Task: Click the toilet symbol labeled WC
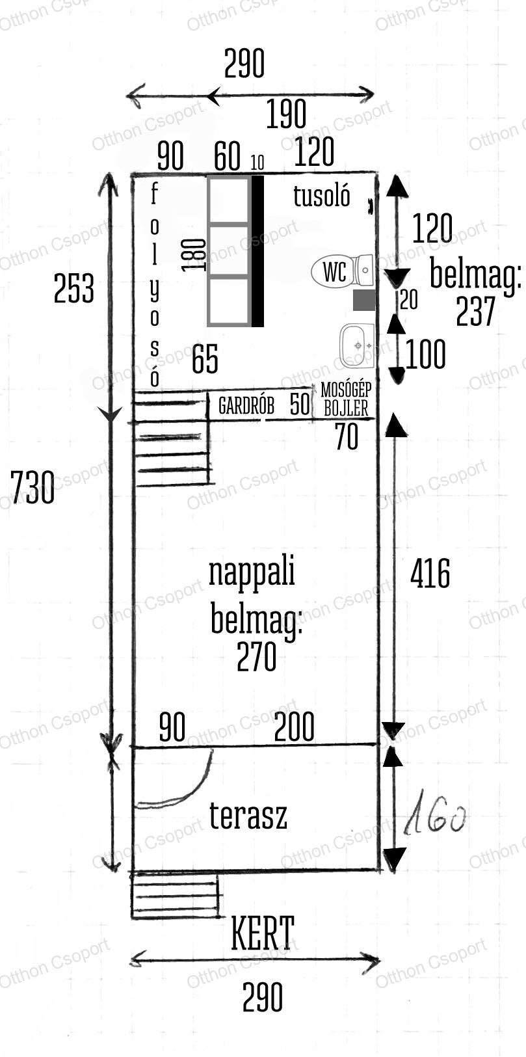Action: click(x=343, y=271)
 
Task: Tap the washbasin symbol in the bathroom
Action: click(x=357, y=346)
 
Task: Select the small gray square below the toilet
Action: click(x=364, y=300)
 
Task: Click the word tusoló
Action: click(x=322, y=196)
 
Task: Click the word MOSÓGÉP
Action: click(x=346, y=390)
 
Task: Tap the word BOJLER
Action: click(x=346, y=408)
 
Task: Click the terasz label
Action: click(x=248, y=816)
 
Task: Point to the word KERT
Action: click(x=262, y=933)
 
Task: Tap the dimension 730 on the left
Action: click(x=33, y=487)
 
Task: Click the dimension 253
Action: click(x=74, y=288)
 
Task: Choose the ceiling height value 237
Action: click(x=475, y=312)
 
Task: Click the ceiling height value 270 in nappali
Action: click(x=257, y=657)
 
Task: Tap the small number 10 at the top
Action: click(x=257, y=163)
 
